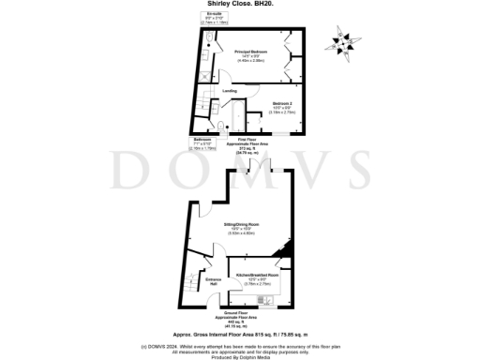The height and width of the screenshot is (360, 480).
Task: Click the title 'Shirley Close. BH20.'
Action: (x=240, y=4)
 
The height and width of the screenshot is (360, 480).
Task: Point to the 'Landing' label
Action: (x=229, y=91)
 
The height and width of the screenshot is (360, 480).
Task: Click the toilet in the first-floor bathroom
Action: (x=218, y=129)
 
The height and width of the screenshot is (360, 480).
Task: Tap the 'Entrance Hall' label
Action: (x=213, y=280)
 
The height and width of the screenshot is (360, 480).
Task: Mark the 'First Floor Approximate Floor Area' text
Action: (x=251, y=144)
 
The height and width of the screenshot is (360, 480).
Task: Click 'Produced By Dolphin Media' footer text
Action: (x=240, y=355)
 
